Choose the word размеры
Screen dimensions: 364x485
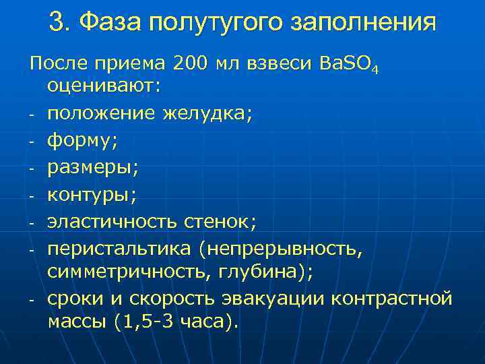click(x=88, y=169)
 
